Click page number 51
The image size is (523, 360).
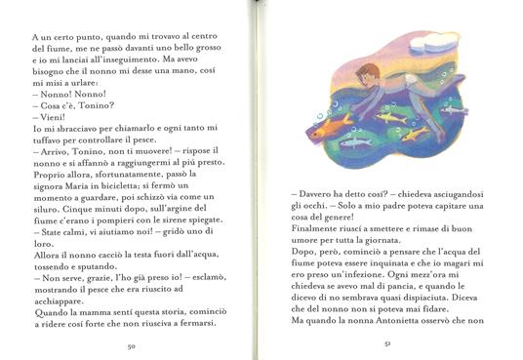point(389,344)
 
